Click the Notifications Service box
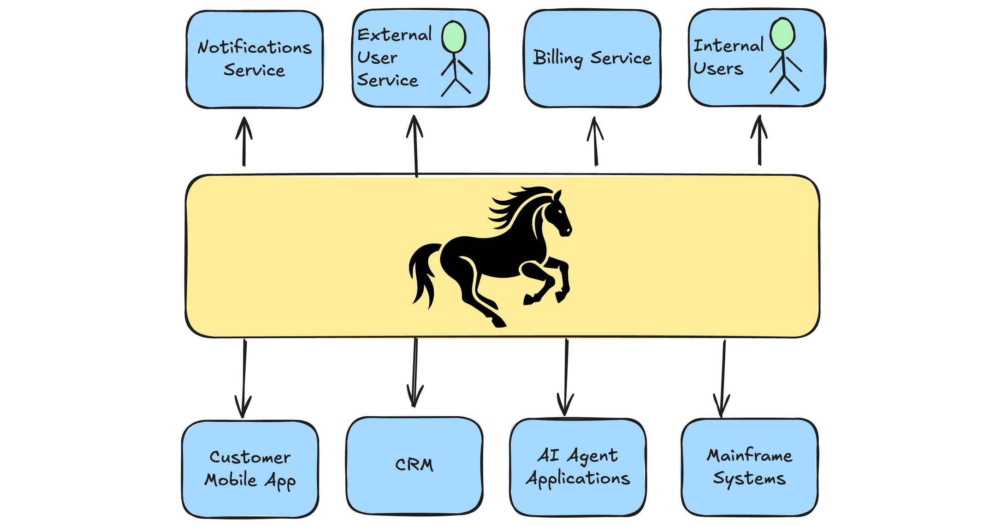point(254,60)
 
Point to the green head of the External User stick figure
point(454,37)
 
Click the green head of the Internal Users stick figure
point(782,34)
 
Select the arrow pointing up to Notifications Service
point(244,141)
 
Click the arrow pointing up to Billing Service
point(595,141)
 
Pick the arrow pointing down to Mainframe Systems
point(723,378)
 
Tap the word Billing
point(558,58)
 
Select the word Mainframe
point(749,455)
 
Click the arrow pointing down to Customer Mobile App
point(243,378)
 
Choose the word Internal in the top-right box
point(728,46)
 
